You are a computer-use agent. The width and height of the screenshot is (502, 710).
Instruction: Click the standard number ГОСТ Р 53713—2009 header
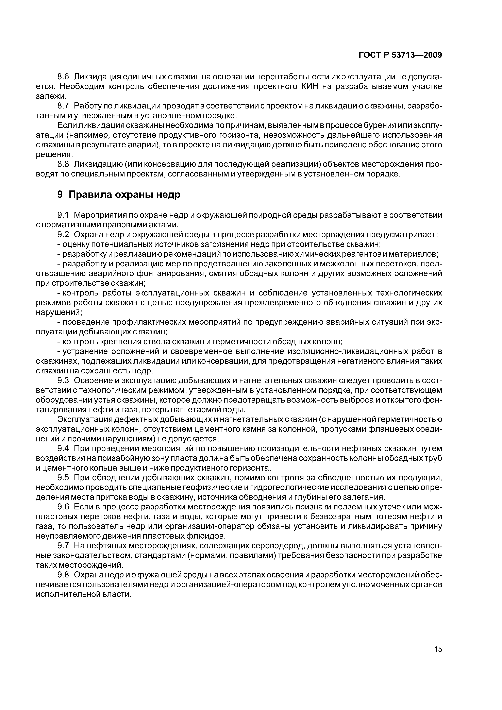click(x=400, y=55)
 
